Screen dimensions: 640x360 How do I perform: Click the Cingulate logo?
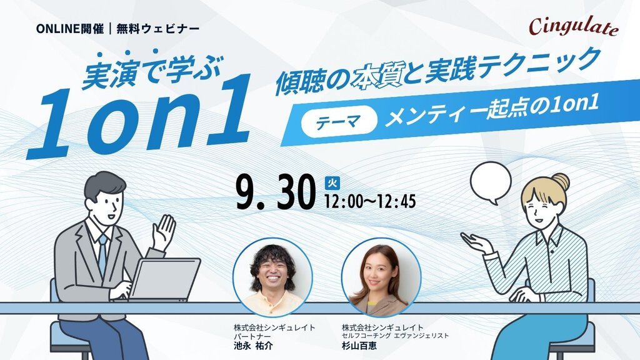[574, 26]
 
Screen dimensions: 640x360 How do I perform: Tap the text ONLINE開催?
[70, 29]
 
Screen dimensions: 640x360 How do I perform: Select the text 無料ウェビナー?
[158, 29]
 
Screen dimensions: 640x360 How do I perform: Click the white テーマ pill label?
[339, 121]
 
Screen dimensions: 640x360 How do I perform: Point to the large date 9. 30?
[276, 192]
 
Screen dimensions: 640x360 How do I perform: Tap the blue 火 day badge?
[332, 183]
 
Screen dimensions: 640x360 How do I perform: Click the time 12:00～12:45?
[370, 201]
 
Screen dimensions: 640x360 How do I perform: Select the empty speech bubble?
[491, 182]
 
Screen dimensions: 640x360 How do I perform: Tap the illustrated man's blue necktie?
[102, 254]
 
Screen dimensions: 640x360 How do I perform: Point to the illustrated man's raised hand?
[164, 232]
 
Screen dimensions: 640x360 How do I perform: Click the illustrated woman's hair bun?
[561, 182]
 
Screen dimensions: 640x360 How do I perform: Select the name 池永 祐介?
[252, 346]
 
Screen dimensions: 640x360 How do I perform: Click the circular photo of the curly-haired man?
[272, 277]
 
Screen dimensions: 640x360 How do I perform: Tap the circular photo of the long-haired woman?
[381, 277]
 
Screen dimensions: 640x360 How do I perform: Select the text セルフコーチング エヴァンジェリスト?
[395, 336]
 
